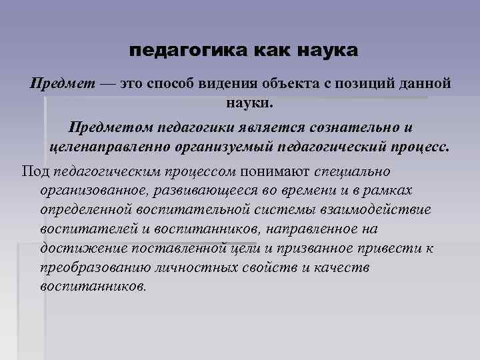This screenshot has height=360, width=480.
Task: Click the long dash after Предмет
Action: pos(107,85)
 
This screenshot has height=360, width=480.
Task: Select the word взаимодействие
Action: pos(378,209)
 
